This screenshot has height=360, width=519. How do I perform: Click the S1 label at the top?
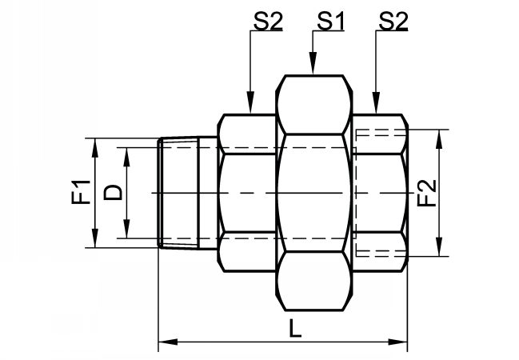pyautogui.click(x=330, y=21)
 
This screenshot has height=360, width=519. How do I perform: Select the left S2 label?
pyautogui.click(x=269, y=21)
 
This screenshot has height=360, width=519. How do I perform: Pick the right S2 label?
pyautogui.click(x=393, y=21)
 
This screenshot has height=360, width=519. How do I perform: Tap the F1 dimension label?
pyautogui.click(x=81, y=192)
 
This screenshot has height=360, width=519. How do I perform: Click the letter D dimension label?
pyautogui.click(x=114, y=193)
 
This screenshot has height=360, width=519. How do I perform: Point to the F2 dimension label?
pyautogui.click(x=427, y=193)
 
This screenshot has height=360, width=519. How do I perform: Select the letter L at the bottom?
pyautogui.click(x=296, y=328)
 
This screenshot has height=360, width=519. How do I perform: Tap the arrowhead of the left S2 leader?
pyautogui.click(x=250, y=102)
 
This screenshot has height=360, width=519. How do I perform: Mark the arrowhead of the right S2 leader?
pyautogui.click(x=376, y=102)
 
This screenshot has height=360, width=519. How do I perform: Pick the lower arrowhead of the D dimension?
pyautogui.click(x=126, y=228)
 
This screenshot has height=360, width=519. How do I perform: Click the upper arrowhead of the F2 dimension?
pyautogui.click(x=439, y=140)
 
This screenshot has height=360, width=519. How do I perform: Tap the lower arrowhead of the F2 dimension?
pyautogui.click(x=439, y=246)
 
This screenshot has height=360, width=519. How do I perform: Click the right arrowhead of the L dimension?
pyautogui.click(x=397, y=342)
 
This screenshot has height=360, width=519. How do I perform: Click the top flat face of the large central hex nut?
pyautogui.click(x=313, y=76)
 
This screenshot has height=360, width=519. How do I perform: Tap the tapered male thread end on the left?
pyautogui.click(x=178, y=193)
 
